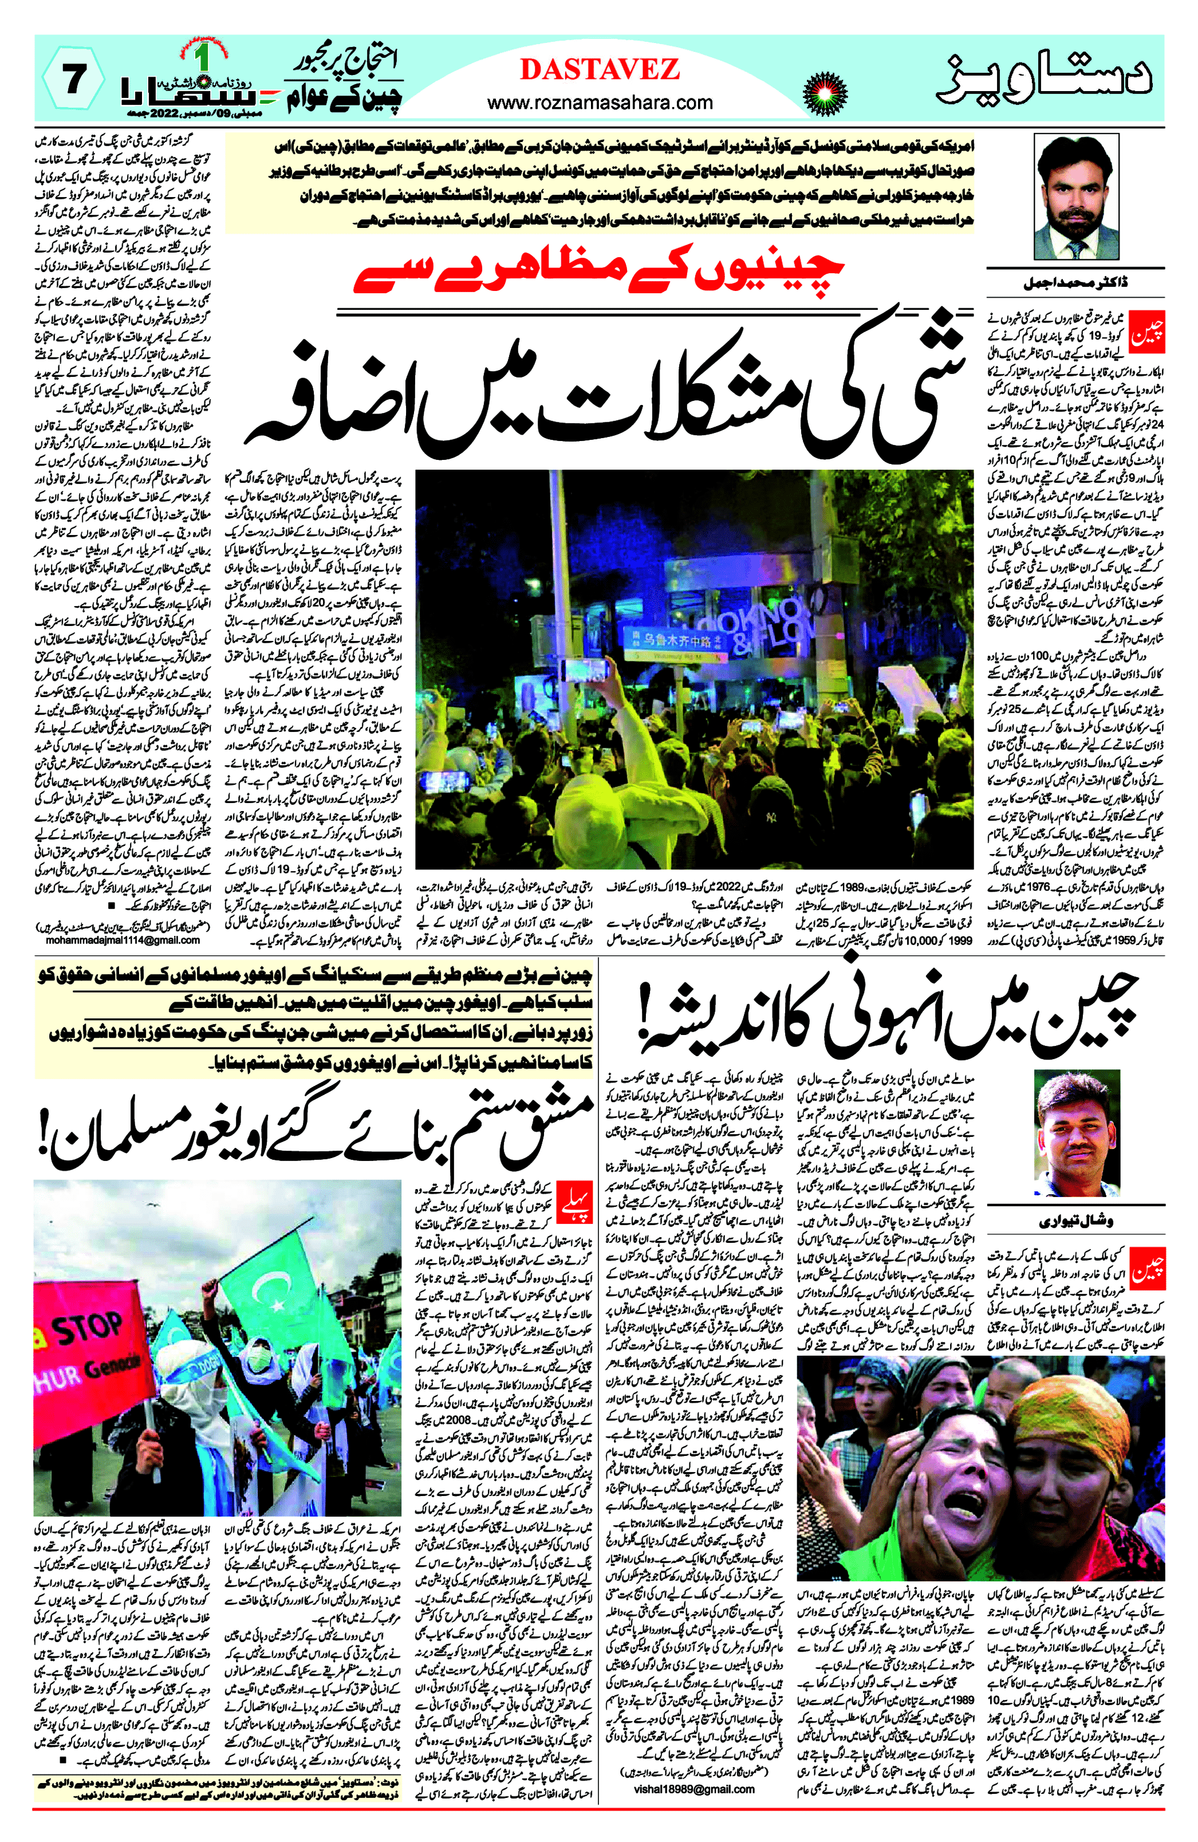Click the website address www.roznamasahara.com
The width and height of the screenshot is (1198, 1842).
[x=600, y=102]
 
